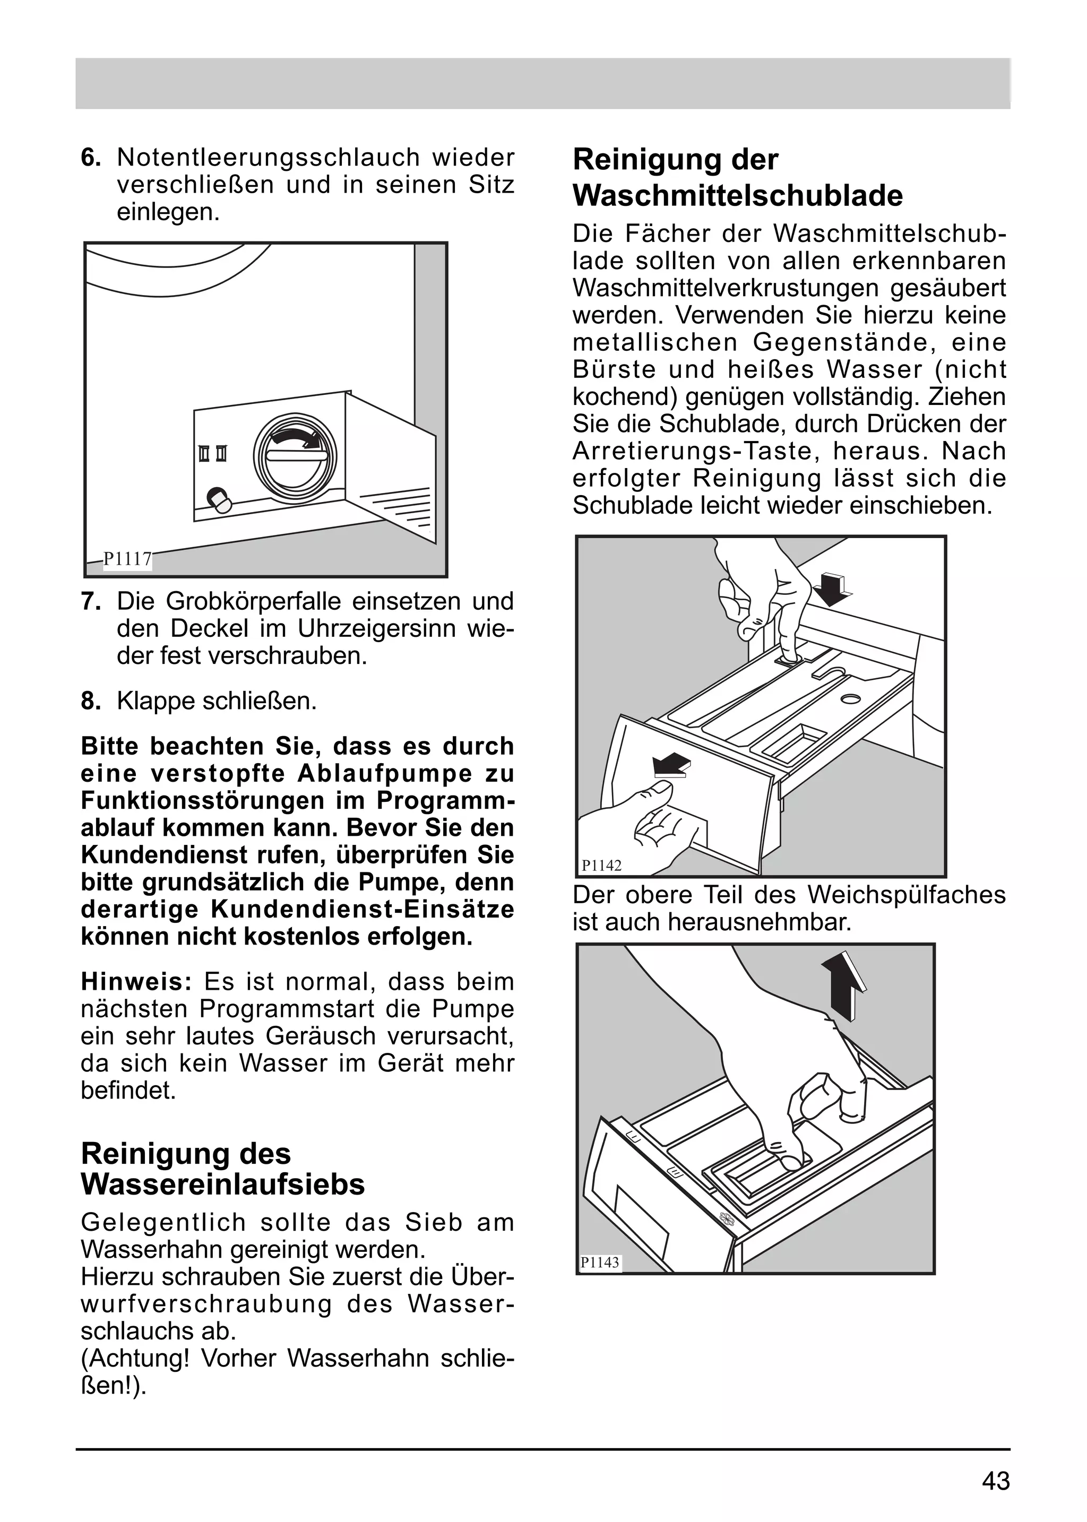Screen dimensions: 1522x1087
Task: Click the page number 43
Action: [x=995, y=1482]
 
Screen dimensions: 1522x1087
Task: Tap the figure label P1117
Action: [x=127, y=559]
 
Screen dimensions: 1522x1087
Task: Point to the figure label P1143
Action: [x=600, y=1263]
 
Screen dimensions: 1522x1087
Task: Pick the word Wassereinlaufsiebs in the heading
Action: [x=222, y=1184]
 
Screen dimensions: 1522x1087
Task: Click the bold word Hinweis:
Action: [x=136, y=982]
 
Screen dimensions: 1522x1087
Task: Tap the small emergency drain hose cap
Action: [x=219, y=499]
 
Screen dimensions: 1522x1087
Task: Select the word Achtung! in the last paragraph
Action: [x=136, y=1358]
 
